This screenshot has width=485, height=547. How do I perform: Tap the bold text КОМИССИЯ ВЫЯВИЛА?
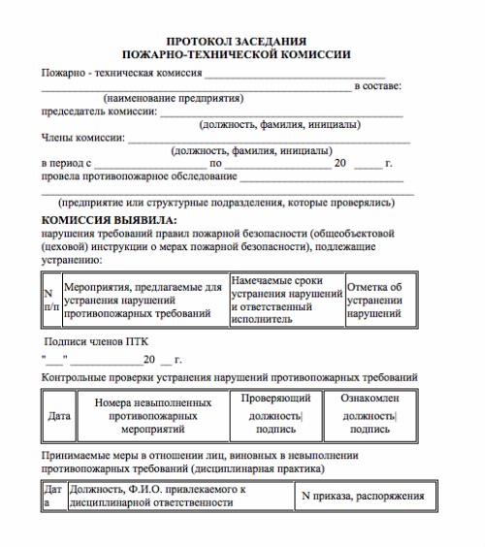point(105,221)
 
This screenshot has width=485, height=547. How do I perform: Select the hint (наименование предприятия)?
point(173,98)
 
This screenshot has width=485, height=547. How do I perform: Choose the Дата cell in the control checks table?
point(59,415)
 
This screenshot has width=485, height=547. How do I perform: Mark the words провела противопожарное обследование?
point(140,177)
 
